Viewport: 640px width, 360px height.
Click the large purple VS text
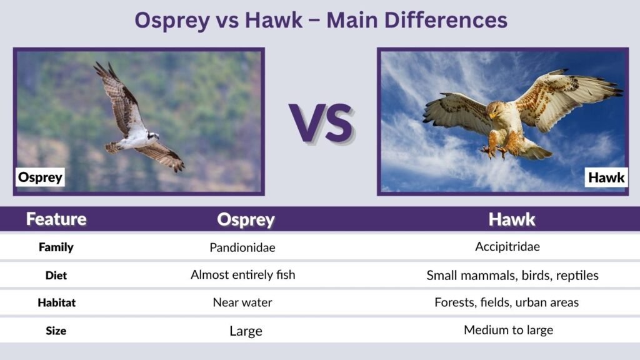321,122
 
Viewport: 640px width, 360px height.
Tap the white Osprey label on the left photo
41,177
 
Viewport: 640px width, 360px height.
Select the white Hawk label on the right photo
606,177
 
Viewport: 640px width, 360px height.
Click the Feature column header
56,219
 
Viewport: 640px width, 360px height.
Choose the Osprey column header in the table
246,219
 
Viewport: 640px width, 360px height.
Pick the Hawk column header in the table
511,219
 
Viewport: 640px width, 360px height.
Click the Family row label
56,247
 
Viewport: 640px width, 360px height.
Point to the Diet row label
56,274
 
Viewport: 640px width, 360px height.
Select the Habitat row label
56,302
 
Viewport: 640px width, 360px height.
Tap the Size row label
56,331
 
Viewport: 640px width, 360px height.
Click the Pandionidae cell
242,247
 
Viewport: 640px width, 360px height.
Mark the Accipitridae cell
507,247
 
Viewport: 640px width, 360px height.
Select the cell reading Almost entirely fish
242,274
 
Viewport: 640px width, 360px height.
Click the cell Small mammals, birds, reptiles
512,275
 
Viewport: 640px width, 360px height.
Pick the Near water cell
242,302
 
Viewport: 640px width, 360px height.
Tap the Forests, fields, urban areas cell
507,302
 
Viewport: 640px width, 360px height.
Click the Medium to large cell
508,330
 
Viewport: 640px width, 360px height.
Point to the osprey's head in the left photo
152,135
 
